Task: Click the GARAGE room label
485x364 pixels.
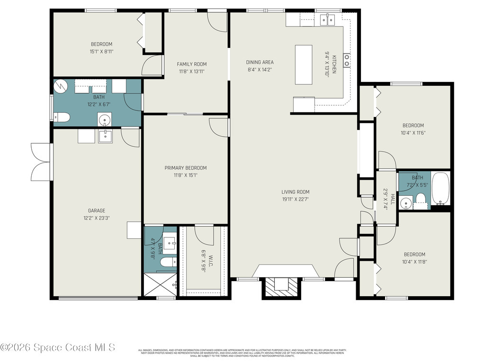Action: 96,211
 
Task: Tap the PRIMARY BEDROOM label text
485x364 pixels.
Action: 186,168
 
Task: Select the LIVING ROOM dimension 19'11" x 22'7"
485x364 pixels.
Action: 295,199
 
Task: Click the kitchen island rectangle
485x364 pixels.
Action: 304,64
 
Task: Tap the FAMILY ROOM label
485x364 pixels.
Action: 192,64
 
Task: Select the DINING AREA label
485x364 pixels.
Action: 260,62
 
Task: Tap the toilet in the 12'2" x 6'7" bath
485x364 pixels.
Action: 62,117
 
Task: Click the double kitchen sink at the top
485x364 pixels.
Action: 327,19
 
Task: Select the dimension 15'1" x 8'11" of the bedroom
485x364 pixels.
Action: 101,52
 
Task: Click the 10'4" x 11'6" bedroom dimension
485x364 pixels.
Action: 413,133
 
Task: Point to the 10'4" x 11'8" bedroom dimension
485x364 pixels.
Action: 413,262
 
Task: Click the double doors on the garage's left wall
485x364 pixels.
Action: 40,162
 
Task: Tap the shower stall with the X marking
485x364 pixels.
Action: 160,285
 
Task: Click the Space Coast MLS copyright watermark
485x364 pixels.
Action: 58,347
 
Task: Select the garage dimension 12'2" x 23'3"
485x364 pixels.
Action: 96,218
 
